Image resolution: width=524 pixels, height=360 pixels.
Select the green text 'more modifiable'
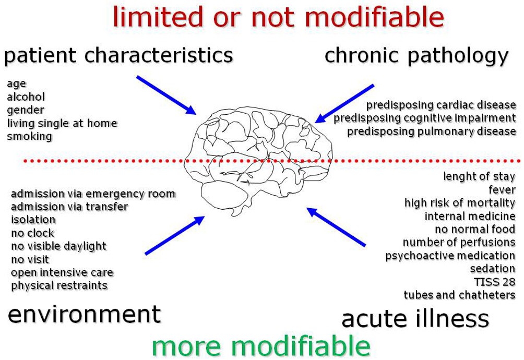tap(261, 345)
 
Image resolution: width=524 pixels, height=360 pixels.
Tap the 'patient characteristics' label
tap(118, 55)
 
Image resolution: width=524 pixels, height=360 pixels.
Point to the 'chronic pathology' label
tap(416, 55)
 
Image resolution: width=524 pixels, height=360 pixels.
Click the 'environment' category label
tap(84, 314)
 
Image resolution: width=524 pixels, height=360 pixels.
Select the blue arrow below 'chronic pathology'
tap(345, 103)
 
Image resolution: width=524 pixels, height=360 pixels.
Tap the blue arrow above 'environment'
tap(175, 235)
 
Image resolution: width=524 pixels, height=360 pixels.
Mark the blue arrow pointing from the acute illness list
tap(336, 226)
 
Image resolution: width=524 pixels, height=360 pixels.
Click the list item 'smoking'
tap(30, 137)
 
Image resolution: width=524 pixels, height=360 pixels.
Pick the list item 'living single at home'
tap(62, 124)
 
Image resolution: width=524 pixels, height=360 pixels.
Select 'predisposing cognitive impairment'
tap(425, 118)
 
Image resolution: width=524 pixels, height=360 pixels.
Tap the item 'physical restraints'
tap(59, 286)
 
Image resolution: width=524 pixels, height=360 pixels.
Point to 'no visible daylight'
tap(58, 246)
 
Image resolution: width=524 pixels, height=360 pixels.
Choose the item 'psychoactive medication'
tap(450, 256)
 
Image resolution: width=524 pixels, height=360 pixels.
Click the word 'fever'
tap(502, 190)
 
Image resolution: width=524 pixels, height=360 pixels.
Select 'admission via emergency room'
tap(93, 194)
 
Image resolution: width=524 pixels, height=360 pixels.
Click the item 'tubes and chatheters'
tap(459, 295)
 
